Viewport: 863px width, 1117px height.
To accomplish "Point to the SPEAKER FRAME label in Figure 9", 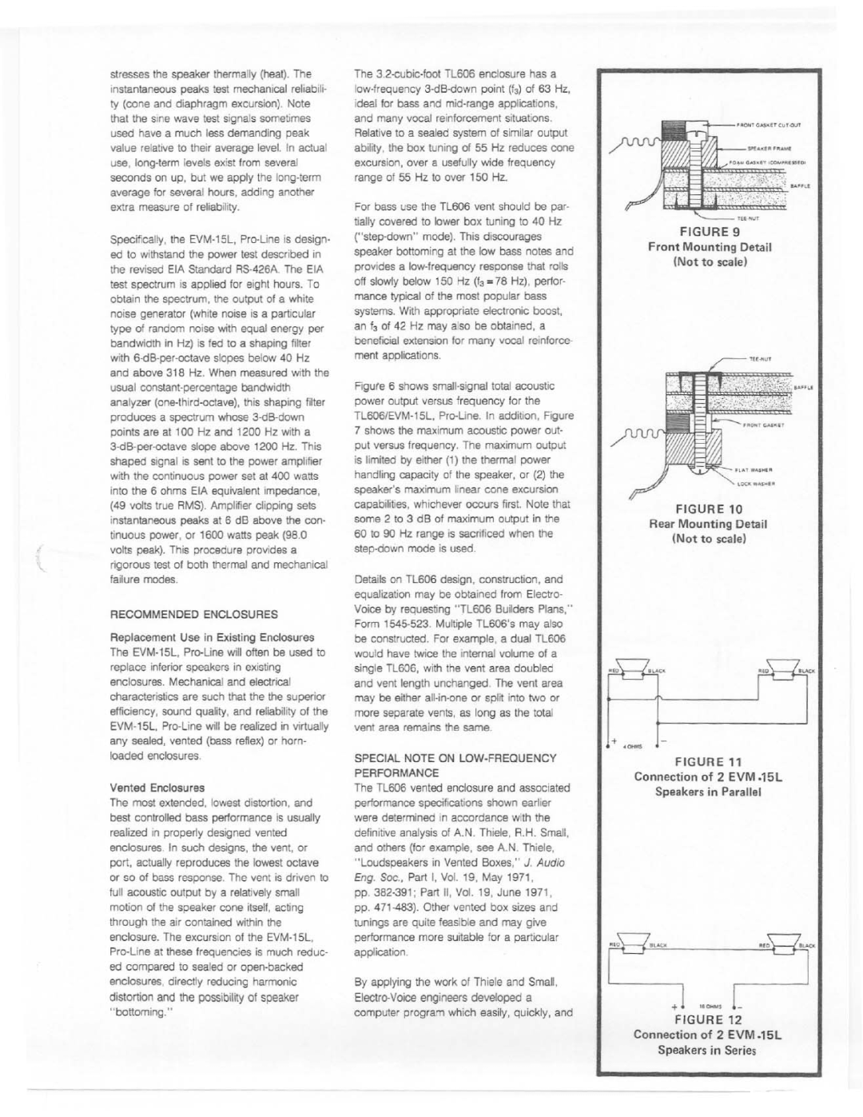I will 769,149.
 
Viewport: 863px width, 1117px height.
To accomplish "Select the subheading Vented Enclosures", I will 157,788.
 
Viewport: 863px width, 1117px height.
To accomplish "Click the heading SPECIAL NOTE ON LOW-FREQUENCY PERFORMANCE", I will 455,765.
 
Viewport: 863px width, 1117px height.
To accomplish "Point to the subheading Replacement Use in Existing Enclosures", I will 213,637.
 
